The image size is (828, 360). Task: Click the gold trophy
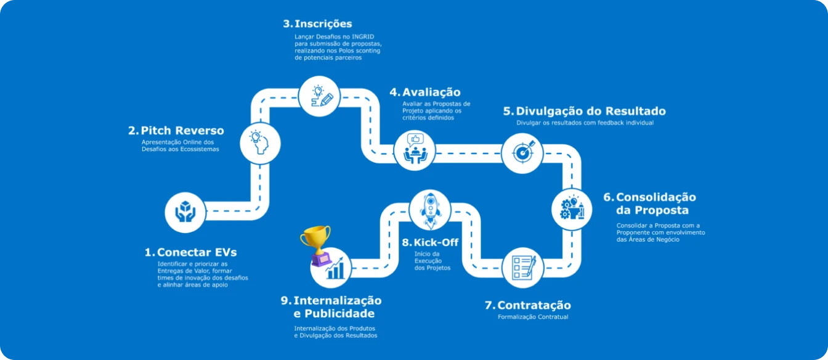[x=316, y=245]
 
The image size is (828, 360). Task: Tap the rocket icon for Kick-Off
[x=430, y=210]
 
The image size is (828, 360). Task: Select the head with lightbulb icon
[x=260, y=142]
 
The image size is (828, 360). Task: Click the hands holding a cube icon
[x=185, y=212]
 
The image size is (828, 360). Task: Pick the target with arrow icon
[x=522, y=152]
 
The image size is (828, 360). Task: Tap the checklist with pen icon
[x=522, y=268]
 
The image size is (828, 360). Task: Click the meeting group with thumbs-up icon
[x=415, y=149]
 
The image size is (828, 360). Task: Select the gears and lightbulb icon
[x=572, y=210]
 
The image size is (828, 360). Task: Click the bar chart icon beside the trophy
[x=335, y=269]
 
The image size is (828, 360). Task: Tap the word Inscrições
[x=323, y=23]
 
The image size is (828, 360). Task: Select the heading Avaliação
[x=431, y=92]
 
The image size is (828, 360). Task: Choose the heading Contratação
[x=534, y=305]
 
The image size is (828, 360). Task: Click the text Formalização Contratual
[x=533, y=317]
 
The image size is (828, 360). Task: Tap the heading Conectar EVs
[x=197, y=252]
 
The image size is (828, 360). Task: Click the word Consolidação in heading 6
[x=656, y=197]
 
